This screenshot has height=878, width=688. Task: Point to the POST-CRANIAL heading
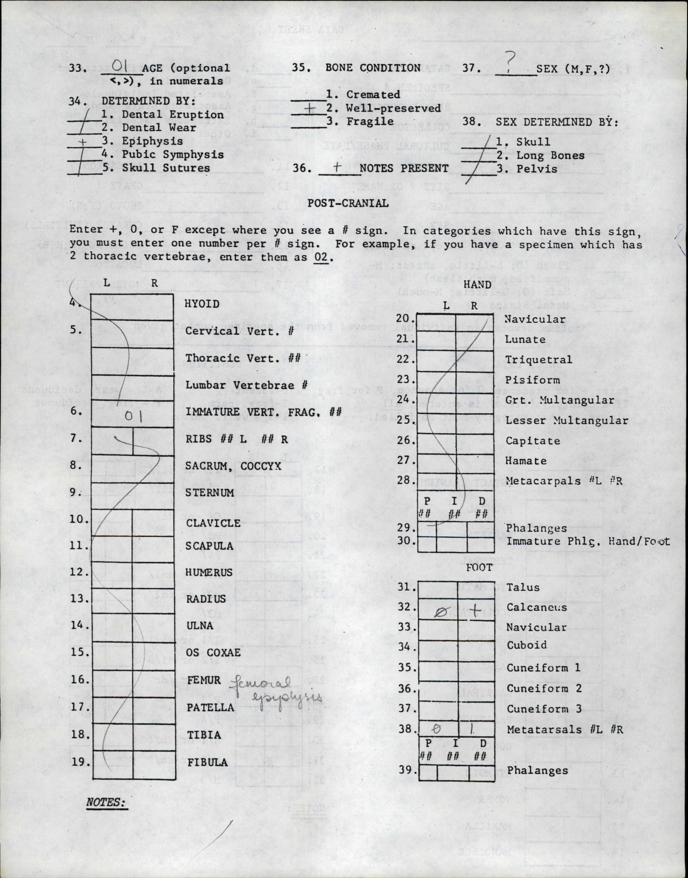pyautogui.click(x=348, y=203)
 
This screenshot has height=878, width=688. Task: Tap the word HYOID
pyautogui.click(x=202, y=304)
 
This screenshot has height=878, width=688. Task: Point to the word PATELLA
pyautogui.click(x=210, y=707)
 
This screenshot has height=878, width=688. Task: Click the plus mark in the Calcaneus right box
pyautogui.click(x=475, y=611)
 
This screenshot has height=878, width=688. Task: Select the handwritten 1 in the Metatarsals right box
pyautogui.click(x=472, y=729)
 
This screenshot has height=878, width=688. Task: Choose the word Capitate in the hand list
pyautogui.click(x=533, y=441)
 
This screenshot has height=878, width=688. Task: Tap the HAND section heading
pyautogui.click(x=477, y=285)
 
